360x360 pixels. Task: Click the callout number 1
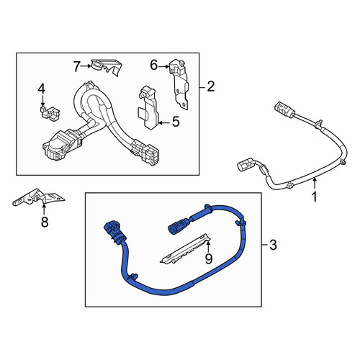[x=314, y=197]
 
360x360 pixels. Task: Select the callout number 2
[x=210, y=86]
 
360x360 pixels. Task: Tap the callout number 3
[x=273, y=245]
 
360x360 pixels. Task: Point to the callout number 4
[x=41, y=89]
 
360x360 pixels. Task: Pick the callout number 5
[x=176, y=122]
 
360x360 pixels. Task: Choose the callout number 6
[x=154, y=65]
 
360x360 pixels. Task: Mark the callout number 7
[x=76, y=66]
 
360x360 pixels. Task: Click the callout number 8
[x=45, y=222]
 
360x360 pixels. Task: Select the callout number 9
[x=209, y=258]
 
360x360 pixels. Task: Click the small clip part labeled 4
[x=49, y=113]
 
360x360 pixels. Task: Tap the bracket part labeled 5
[x=149, y=108]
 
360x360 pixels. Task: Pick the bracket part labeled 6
[x=179, y=84]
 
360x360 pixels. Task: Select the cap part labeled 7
[x=106, y=66]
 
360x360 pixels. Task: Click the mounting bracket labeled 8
[x=38, y=197]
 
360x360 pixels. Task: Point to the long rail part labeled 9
[x=186, y=248]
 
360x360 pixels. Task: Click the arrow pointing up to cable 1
[x=315, y=184]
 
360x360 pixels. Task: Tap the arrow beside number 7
[x=86, y=66]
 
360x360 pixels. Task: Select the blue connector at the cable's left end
[x=114, y=232]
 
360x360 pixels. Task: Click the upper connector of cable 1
[x=284, y=109]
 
